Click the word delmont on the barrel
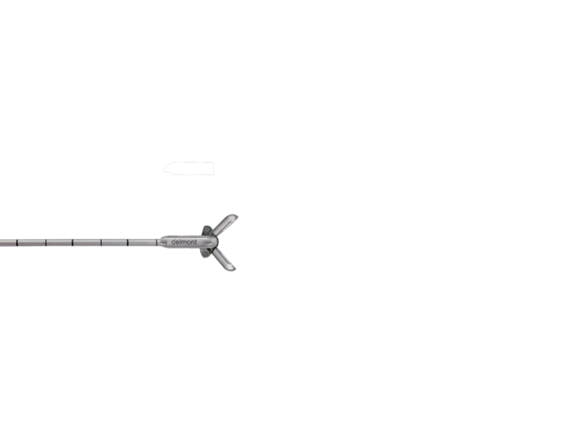point(184,242)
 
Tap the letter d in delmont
point(173,242)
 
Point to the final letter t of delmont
point(196,242)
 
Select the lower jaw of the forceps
point(224,259)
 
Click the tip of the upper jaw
point(236,216)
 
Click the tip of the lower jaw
point(234,269)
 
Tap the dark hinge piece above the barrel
point(207,231)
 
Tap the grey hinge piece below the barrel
point(206,253)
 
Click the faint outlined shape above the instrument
point(189,169)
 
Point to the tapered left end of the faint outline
point(165,169)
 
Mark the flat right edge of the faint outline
point(213,169)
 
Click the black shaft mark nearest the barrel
point(157,242)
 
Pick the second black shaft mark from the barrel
point(128,242)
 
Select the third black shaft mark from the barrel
point(101,242)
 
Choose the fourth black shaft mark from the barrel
point(73,242)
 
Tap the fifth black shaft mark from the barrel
point(46,242)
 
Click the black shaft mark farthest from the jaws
point(17,242)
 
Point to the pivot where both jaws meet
point(213,241)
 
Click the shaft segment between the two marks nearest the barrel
point(142,242)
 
